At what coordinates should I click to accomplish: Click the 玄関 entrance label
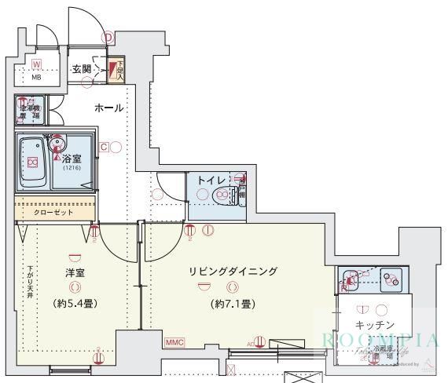pyautogui.click(x=81, y=69)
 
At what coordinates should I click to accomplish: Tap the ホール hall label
pyautogui.click(x=108, y=108)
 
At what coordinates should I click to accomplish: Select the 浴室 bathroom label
pyautogui.click(x=72, y=158)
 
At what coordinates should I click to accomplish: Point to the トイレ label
pyautogui.click(x=210, y=181)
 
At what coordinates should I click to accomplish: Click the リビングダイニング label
pyautogui.click(x=233, y=272)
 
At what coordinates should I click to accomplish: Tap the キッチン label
pyautogui.click(x=375, y=324)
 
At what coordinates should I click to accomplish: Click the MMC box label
pyautogui.click(x=174, y=342)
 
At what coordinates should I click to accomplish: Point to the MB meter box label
pyautogui.click(x=37, y=78)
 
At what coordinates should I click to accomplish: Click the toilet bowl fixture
pyautogui.click(x=226, y=195)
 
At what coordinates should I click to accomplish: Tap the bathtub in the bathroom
pyautogui.click(x=32, y=161)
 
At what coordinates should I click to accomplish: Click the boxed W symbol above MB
pyautogui.click(x=36, y=64)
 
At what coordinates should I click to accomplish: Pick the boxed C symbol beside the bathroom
pyautogui.click(x=103, y=146)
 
